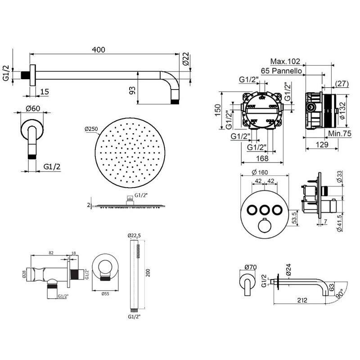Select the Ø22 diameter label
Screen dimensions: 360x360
[x=186, y=61]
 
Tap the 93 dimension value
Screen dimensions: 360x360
[x=132, y=90]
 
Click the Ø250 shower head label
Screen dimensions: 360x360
[x=91, y=130]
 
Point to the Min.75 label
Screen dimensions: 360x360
[x=340, y=134]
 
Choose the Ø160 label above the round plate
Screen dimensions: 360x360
[x=263, y=172]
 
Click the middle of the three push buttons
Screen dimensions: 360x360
[x=263, y=209]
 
